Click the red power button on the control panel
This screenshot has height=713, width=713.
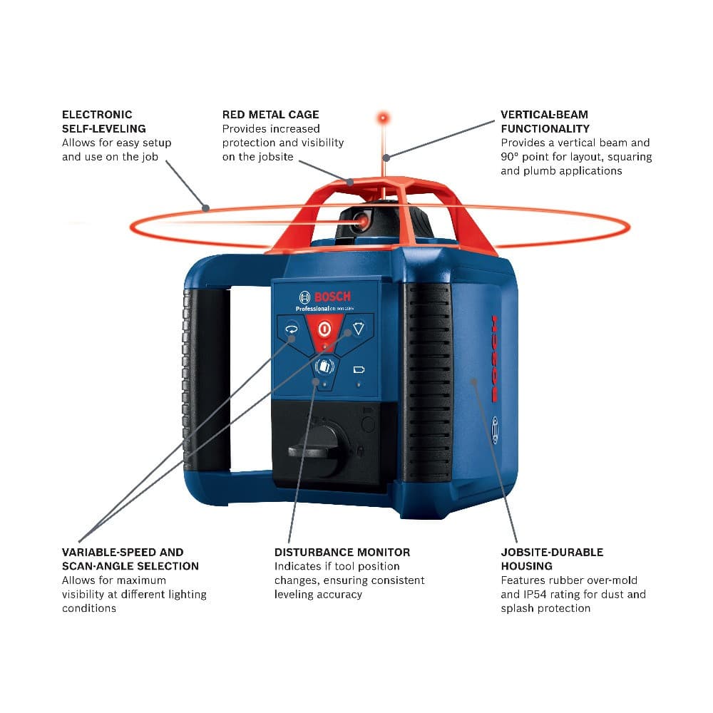coord(324,329)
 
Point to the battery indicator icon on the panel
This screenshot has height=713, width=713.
coord(359,370)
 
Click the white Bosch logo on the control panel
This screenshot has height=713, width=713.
coord(325,297)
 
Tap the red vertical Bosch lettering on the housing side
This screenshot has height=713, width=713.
coord(493,357)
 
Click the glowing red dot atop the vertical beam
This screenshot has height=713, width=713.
coord(383,116)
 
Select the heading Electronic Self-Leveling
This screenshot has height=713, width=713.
coord(103,121)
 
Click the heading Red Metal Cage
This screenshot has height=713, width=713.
coord(270,114)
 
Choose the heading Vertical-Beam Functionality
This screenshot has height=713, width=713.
coord(545,121)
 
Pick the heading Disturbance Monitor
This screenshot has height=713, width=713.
coord(342,552)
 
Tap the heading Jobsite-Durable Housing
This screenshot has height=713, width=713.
coord(551,558)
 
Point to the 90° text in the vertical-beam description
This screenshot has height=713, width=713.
coord(511,157)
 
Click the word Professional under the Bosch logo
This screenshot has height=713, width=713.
coord(312,309)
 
